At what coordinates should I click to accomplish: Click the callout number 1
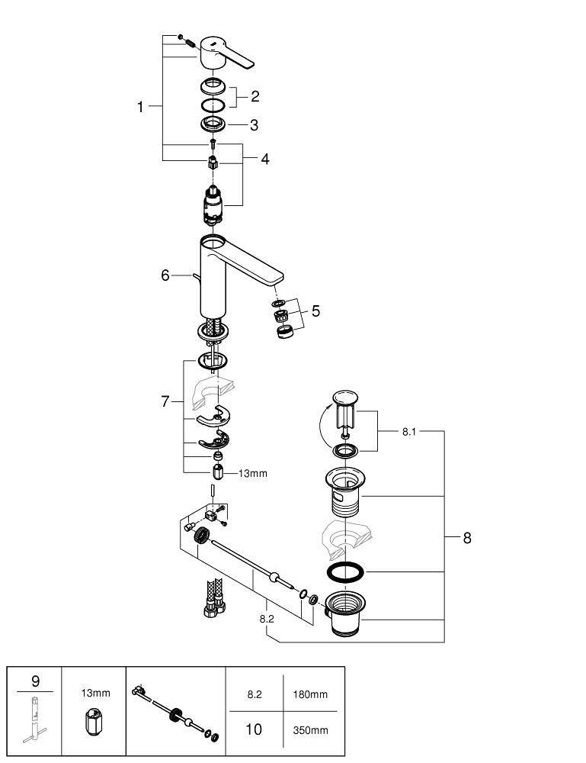[x=140, y=108]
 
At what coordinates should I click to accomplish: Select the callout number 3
[x=254, y=124]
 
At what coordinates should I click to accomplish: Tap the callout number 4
[x=264, y=159]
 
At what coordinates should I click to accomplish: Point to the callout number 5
[x=315, y=311]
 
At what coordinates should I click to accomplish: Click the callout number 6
[x=165, y=275]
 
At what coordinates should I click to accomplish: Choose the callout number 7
[x=165, y=401]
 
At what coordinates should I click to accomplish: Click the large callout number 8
[x=466, y=538]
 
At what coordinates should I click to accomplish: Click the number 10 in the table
[x=254, y=729]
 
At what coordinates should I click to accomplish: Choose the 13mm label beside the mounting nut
[x=253, y=474]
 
